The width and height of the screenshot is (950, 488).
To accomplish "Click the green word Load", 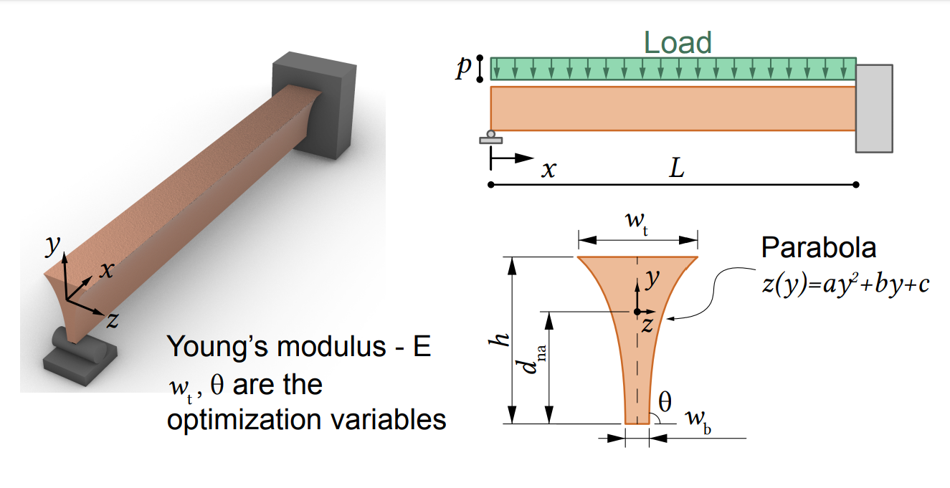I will (x=677, y=43).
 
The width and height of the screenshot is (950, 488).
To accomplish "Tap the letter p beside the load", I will (x=465, y=68).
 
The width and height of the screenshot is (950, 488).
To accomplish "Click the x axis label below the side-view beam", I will (x=548, y=169).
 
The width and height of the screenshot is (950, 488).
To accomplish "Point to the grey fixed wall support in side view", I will (x=874, y=107).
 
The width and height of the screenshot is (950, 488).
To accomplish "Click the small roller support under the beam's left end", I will (x=491, y=136).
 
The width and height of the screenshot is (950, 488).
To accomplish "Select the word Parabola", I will (x=818, y=248).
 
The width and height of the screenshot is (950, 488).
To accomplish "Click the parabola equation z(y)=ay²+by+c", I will (x=845, y=284).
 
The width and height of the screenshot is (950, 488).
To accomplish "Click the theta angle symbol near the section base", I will (x=665, y=402).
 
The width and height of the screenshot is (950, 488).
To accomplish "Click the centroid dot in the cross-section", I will (x=637, y=312).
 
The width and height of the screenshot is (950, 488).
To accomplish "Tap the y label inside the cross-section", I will (x=651, y=279).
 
